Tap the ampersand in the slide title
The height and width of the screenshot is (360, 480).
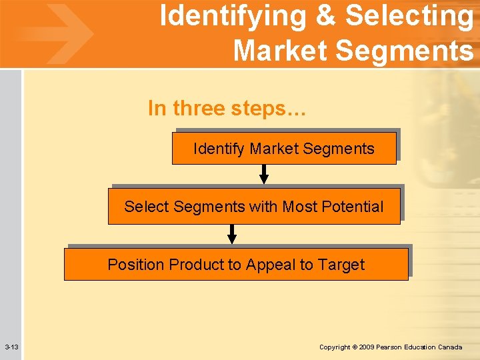[326, 17]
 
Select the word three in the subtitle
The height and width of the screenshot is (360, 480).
[199, 108]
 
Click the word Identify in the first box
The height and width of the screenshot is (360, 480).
[219, 149]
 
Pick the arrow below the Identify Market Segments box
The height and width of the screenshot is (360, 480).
[264, 175]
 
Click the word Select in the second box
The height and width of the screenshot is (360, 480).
[146, 207]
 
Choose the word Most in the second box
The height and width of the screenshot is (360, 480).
[299, 207]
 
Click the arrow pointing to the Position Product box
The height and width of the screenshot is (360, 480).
[232, 234]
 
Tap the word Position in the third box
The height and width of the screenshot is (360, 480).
[136, 265]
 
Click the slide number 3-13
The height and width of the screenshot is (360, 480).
[11, 347]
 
